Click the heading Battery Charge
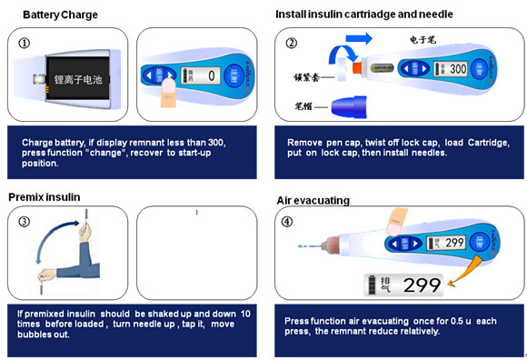[60, 15]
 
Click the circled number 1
[24, 43]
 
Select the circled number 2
[291, 43]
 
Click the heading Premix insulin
[45, 196]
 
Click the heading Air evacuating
[313, 200]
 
